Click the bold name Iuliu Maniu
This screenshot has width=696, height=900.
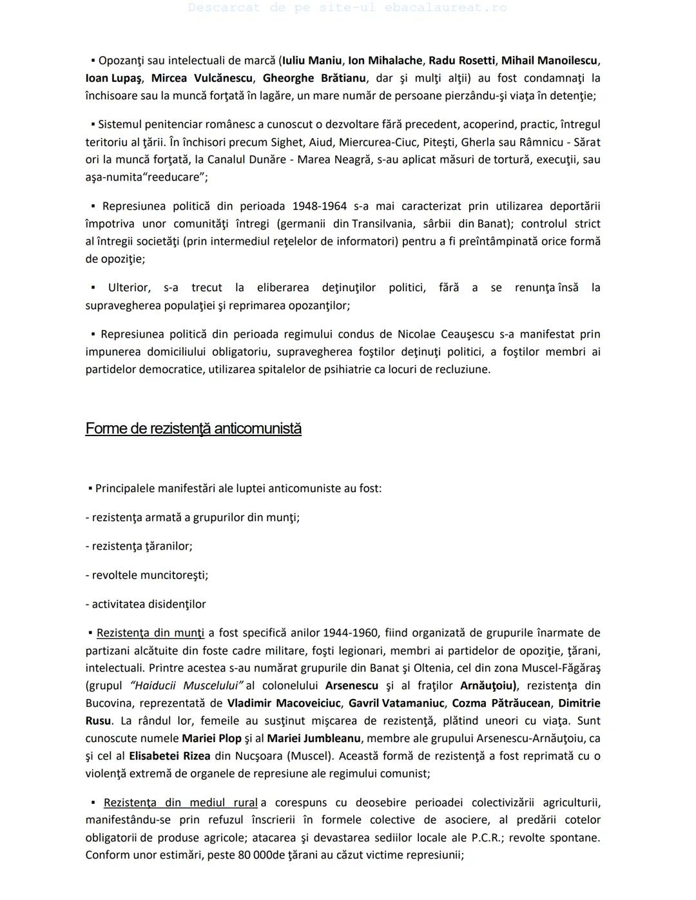click(312, 61)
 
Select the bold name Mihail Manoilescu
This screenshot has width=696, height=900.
click(549, 61)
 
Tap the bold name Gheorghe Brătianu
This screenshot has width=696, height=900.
click(314, 78)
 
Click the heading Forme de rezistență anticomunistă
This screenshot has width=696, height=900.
click(193, 428)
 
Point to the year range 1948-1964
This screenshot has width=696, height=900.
click(319, 206)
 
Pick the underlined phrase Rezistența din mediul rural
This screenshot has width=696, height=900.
click(180, 803)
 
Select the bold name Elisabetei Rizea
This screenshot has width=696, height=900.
click(169, 756)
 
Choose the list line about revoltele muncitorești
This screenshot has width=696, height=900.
click(147, 575)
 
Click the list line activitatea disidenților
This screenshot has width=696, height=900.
click(146, 604)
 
